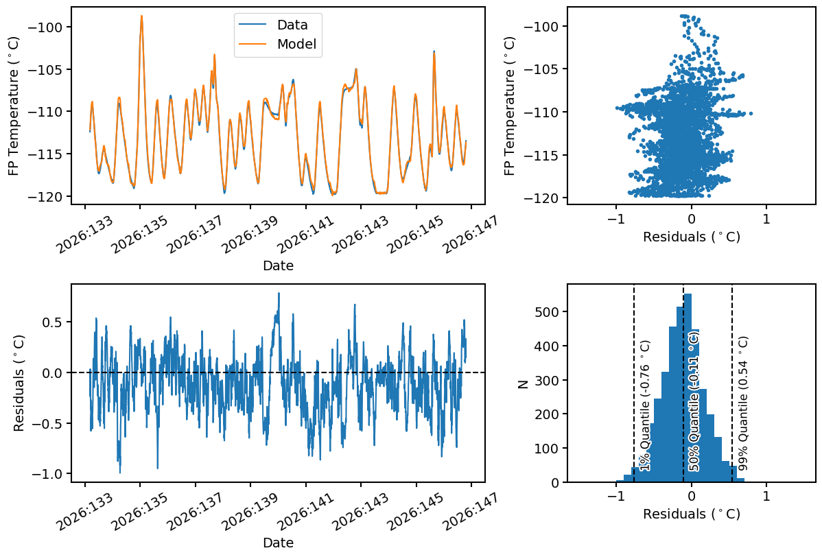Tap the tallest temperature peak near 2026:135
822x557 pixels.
(141, 16)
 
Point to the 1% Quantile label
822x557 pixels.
(646, 405)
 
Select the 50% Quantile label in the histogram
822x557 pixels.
(694, 401)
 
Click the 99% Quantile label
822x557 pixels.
(742, 403)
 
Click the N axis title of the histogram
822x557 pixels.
(523, 383)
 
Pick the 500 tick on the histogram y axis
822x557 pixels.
(548, 312)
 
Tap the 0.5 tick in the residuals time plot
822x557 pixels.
(53, 322)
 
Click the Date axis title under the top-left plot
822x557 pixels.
(278, 265)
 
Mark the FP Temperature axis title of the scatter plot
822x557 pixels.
(509, 106)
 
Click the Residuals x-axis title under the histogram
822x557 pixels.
(692, 514)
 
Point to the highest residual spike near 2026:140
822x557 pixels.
(279, 294)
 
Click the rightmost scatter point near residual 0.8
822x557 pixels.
(751, 113)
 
